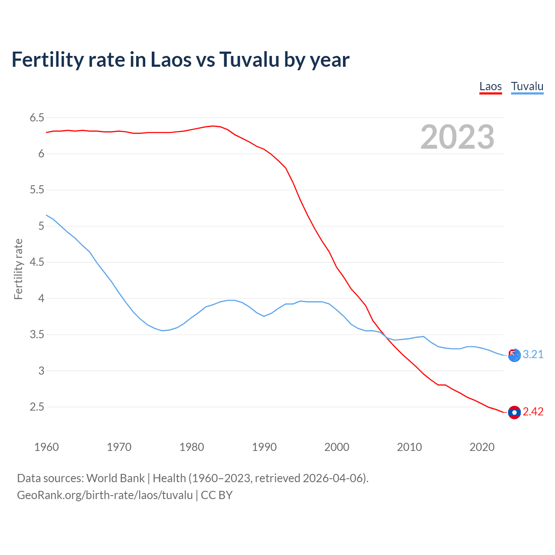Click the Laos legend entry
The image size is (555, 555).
[x=490, y=86]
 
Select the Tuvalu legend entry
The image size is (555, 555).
[x=527, y=86]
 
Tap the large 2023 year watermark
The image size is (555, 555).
[x=457, y=137]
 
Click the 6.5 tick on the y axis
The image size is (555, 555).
[x=37, y=118]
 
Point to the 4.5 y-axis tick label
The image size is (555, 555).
[x=37, y=262]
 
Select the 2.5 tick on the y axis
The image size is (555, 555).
[x=37, y=407]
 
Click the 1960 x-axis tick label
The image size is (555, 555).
[x=46, y=447]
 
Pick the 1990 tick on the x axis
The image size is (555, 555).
[x=264, y=447]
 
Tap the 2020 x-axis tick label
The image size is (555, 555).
[x=482, y=447]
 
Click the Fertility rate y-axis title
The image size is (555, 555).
[x=18, y=269]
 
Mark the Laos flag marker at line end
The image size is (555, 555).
[x=514, y=412]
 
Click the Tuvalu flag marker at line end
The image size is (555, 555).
[x=514, y=355]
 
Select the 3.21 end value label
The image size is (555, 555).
[x=533, y=355]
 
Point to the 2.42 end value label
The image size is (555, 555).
[x=533, y=412]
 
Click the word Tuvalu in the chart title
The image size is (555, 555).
[x=249, y=59]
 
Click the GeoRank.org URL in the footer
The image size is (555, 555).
[x=104, y=495]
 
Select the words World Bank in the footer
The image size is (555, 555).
[x=115, y=478]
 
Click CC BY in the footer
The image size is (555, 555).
[x=217, y=495]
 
